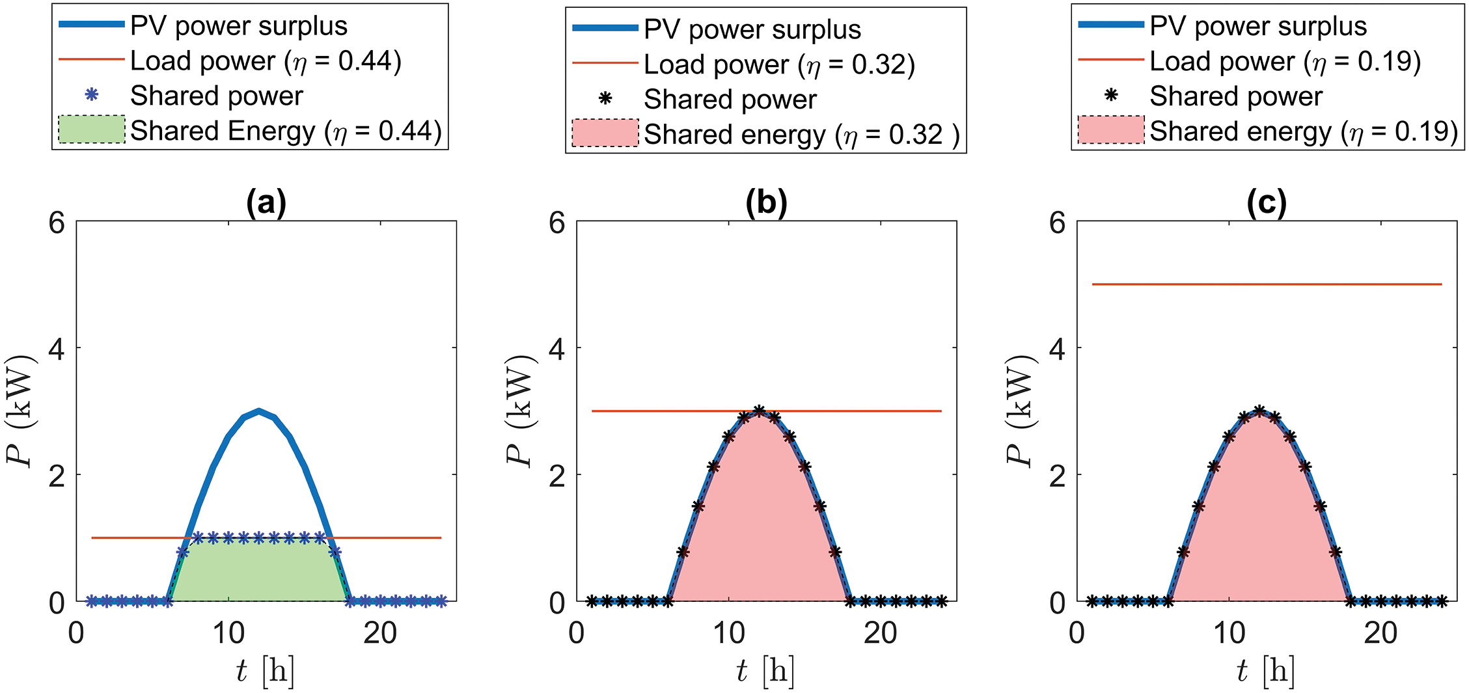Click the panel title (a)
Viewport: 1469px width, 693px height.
266,203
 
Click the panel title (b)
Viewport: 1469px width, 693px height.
766,203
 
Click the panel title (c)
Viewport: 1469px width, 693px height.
1267,203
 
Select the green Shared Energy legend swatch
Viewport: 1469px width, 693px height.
91,129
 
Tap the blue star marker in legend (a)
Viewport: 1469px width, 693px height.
92,95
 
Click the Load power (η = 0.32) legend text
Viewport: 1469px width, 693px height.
779,64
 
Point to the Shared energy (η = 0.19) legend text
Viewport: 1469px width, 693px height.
1303,131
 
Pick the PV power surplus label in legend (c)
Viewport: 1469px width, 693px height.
1257,26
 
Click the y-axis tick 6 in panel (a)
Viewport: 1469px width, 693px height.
57,223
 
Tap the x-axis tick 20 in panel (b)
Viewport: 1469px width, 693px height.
880,632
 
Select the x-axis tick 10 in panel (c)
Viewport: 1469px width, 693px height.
1229,632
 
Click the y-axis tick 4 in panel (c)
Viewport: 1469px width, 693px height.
1058,349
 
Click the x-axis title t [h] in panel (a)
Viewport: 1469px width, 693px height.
266,670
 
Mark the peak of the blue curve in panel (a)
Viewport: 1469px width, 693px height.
259,411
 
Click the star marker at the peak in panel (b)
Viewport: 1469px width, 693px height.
759,411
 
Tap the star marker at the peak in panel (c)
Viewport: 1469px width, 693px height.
1259,411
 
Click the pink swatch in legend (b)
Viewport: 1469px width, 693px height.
605,133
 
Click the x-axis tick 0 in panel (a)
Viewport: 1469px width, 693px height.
76,632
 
